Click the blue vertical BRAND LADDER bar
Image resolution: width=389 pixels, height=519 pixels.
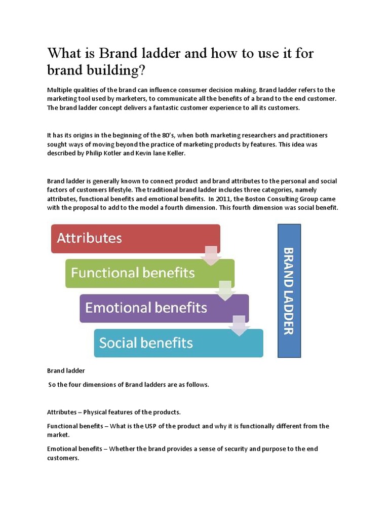[x=289, y=290]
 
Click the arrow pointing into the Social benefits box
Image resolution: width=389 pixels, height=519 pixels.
[x=240, y=325]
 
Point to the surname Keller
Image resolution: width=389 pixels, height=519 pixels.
[x=175, y=154]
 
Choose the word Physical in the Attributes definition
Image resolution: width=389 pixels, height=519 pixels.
[x=96, y=412]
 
